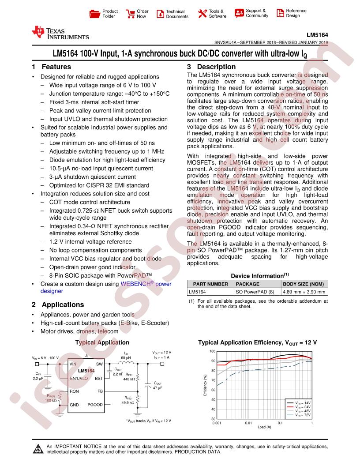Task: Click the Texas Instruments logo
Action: [x=60, y=34]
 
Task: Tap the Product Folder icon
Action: [x=94, y=14]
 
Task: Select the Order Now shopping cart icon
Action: [x=130, y=14]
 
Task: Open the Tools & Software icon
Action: [x=202, y=14]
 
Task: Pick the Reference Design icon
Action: [x=280, y=13]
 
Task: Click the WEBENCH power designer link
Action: [x=106, y=287]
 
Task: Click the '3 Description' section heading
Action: [x=211, y=67]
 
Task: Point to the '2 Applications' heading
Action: [x=58, y=304]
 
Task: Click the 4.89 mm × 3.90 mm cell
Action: [x=304, y=292]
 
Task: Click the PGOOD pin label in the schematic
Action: [x=95, y=404]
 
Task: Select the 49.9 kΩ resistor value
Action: [x=128, y=402]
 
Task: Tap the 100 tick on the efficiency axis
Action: [x=212, y=351]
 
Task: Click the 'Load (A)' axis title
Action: [x=265, y=427]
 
